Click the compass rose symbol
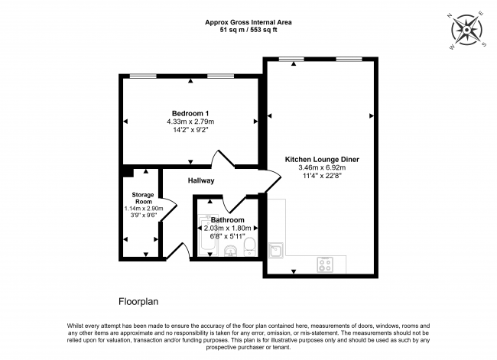(x=469, y=29)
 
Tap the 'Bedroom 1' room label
(x=190, y=113)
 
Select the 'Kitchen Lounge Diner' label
(x=321, y=159)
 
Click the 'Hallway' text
(x=200, y=180)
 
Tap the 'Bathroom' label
(x=228, y=219)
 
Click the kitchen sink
(x=278, y=249)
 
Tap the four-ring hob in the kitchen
(x=325, y=264)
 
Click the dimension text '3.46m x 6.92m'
(x=321, y=168)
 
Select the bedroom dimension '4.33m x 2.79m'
(x=190, y=122)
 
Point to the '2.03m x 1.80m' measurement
(x=228, y=228)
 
